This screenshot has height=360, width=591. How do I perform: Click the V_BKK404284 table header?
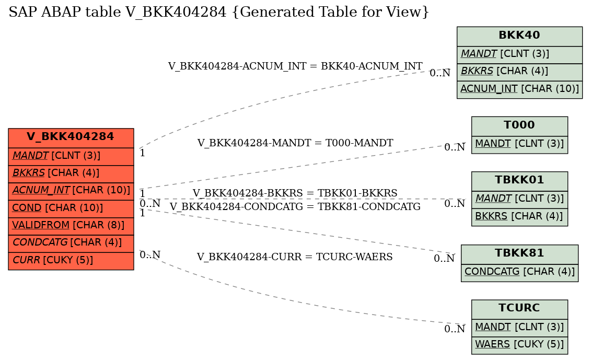[x=71, y=137]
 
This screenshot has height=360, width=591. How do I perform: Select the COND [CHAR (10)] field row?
[x=71, y=208]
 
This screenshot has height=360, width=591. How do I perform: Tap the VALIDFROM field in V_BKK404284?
[x=71, y=225]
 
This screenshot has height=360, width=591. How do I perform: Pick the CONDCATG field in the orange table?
[x=71, y=242]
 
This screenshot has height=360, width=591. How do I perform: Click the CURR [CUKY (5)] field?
[x=71, y=260]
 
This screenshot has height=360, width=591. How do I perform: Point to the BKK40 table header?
[x=519, y=36]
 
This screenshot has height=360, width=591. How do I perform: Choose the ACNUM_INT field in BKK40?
[x=519, y=89]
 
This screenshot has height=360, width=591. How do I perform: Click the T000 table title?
[x=519, y=125]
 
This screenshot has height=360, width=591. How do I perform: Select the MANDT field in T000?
[x=519, y=144]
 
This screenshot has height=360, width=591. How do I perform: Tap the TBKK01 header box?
[x=519, y=180]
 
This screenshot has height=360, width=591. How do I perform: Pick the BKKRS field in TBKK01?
[x=519, y=216]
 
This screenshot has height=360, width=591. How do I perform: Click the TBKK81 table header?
[x=519, y=253]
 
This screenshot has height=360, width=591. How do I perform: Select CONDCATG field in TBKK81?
[x=519, y=272]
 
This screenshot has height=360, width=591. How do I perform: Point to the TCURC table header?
[x=519, y=308]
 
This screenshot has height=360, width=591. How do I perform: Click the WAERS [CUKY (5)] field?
[x=519, y=344]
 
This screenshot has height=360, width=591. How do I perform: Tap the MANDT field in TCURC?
[x=519, y=327]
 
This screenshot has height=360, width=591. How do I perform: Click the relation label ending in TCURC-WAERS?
[x=295, y=257]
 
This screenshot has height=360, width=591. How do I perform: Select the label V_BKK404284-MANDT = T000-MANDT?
[x=295, y=143]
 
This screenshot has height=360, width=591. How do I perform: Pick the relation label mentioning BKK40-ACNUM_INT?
[x=295, y=66]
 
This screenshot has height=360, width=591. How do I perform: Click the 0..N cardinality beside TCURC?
[x=455, y=329]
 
